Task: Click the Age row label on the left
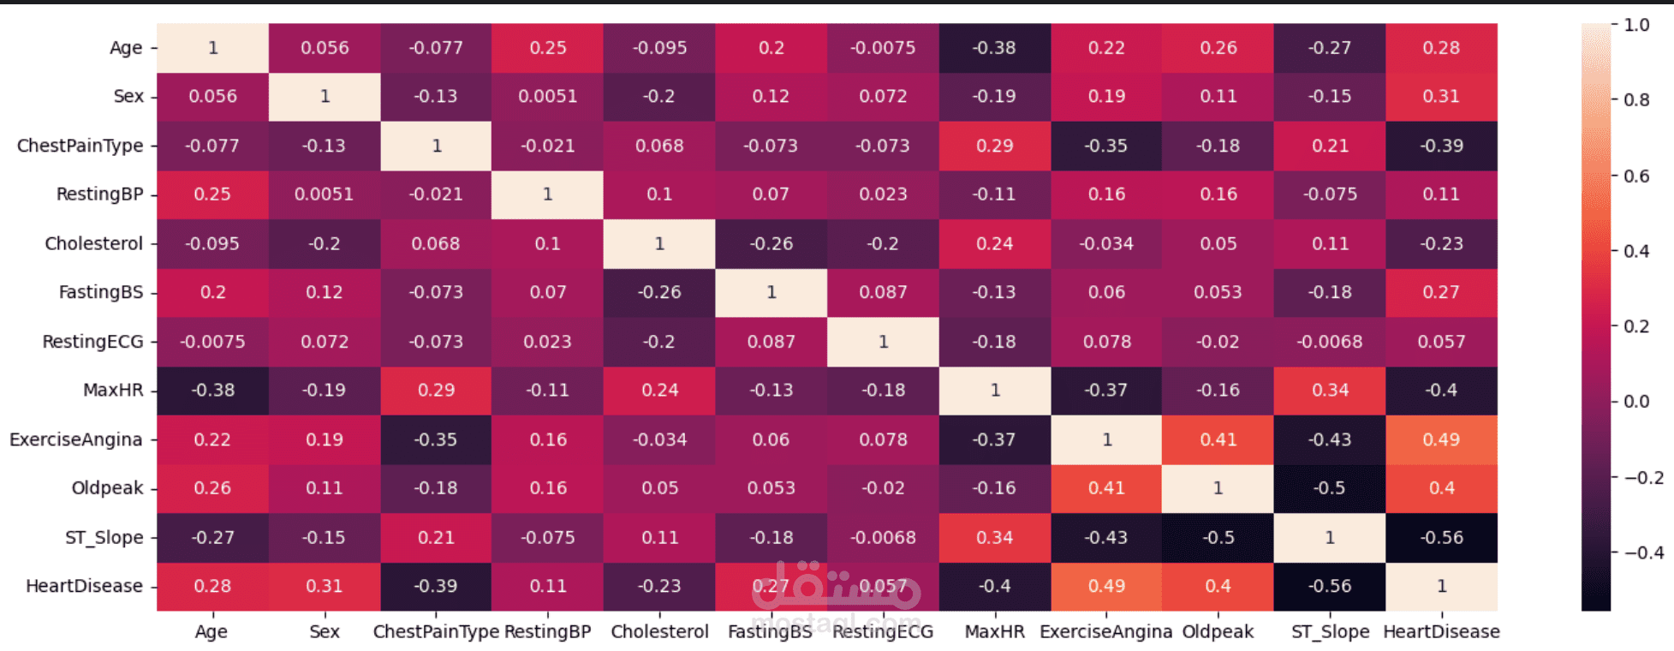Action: (126, 48)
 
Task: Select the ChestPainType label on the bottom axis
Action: (436, 632)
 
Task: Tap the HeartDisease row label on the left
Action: (84, 586)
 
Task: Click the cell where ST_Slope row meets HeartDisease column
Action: (1441, 537)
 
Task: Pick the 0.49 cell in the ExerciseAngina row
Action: (1441, 439)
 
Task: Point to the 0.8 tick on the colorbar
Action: (1636, 100)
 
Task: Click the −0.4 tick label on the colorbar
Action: (1643, 552)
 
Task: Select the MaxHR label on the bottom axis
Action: (994, 632)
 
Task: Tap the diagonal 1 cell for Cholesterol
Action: (659, 243)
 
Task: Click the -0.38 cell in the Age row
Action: (994, 48)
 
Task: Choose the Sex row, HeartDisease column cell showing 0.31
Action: (1441, 96)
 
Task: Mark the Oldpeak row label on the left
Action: (107, 488)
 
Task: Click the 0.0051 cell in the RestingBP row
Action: (325, 194)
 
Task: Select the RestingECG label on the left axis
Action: (92, 342)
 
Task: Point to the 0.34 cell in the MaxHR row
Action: (1330, 390)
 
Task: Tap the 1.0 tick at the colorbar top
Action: (1636, 25)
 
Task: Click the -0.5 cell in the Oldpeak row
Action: (1330, 488)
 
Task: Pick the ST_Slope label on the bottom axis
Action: (1330, 632)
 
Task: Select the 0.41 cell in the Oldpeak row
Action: (1106, 488)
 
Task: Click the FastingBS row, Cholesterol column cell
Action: (659, 292)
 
